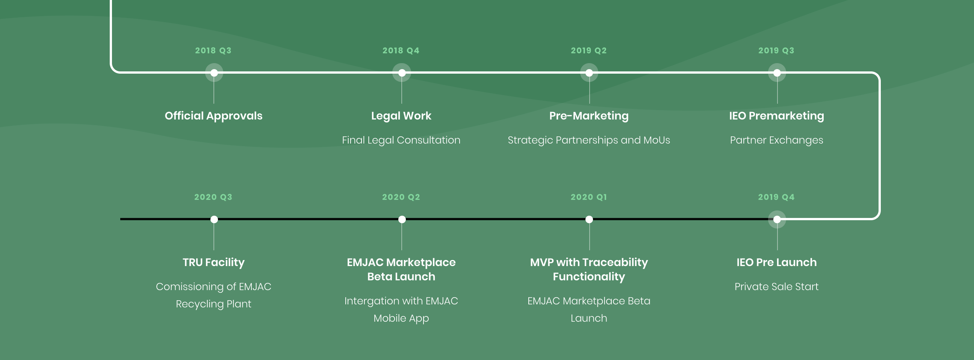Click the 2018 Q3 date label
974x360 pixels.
click(x=213, y=50)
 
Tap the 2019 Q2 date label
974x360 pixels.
click(x=589, y=50)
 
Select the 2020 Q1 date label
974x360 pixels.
click(x=589, y=197)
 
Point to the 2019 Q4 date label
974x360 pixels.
click(x=776, y=197)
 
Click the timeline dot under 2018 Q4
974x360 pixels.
click(x=402, y=73)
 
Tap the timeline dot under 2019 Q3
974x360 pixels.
click(x=777, y=73)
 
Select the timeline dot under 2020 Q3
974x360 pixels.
click(x=214, y=219)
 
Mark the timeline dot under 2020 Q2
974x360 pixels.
click(x=402, y=219)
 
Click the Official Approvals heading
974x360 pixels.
click(x=214, y=116)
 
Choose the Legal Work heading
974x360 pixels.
click(x=401, y=116)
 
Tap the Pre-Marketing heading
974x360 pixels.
click(x=589, y=116)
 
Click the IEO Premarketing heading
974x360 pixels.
click(x=777, y=116)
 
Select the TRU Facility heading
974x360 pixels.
click(x=214, y=262)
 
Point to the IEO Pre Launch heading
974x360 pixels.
click(x=777, y=262)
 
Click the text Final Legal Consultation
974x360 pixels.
click(x=401, y=140)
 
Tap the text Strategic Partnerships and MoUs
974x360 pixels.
click(x=589, y=140)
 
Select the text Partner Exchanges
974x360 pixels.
click(x=777, y=140)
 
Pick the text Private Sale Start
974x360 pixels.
click(x=777, y=287)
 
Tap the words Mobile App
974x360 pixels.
click(x=401, y=318)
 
